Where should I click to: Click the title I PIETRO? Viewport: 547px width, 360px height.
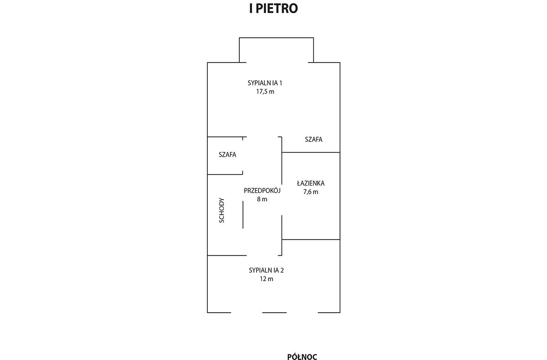click(x=273, y=8)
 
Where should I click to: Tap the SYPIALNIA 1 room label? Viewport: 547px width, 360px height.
click(x=265, y=83)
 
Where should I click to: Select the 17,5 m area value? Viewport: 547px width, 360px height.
click(x=265, y=92)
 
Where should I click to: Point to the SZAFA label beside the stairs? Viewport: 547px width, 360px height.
click(x=227, y=154)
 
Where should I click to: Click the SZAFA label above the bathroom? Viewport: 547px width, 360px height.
click(x=314, y=139)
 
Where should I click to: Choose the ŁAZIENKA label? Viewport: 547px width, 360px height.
click(x=310, y=183)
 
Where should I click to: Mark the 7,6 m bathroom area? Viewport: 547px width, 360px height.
click(x=310, y=192)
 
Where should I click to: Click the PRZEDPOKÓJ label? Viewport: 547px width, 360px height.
click(x=262, y=190)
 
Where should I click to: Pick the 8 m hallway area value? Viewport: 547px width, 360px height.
click(x=262, y=199)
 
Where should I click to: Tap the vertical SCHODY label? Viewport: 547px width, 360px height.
click(x=222, y=210)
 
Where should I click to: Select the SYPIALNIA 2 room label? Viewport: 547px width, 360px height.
click(x=266, y=270)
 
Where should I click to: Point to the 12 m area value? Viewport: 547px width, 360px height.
click(x=266, y=279)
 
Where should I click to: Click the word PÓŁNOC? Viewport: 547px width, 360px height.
click(x=302, y=357)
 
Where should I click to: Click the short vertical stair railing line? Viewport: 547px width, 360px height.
click(x=243, y=215)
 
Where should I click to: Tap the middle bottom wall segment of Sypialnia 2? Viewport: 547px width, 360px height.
click(x=274, y=313)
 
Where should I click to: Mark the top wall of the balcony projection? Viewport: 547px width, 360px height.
click(x=276, y=37)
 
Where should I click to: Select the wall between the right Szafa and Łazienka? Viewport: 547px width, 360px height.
click(x=311, y=152)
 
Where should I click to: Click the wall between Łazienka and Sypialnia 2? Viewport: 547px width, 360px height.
click(x=311, y=239)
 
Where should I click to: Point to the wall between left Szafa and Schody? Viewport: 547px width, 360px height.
click(x=225, y=175)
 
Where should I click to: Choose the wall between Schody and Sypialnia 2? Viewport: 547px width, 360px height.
click(x=227, y=256)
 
